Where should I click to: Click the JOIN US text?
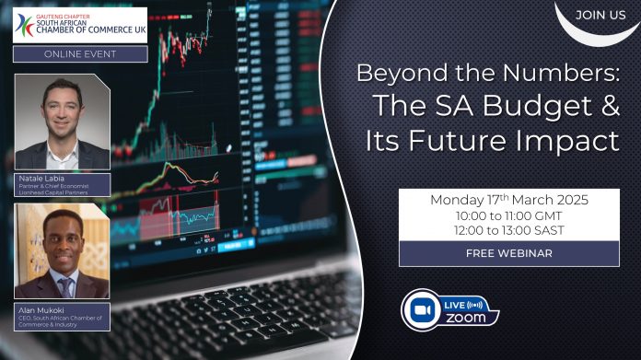pos(600,16)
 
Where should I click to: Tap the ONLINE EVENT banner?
pos(80,53)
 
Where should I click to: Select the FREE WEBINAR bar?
pos(508,254)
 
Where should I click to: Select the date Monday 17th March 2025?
pos(508,200)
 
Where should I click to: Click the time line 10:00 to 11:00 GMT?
pos(508,215)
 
